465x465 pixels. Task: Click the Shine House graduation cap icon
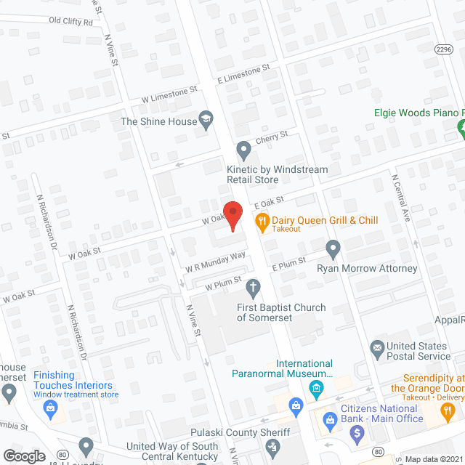click(x=206, y=121)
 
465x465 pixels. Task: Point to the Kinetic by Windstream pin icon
click(x=244, y=151)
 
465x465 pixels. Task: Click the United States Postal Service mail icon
click(x=377, y=348)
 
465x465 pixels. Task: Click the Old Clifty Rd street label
click(x=71, y=22)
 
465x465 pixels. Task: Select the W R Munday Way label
click(x=216, y=262)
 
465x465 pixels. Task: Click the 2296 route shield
click(x=444, y=49)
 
